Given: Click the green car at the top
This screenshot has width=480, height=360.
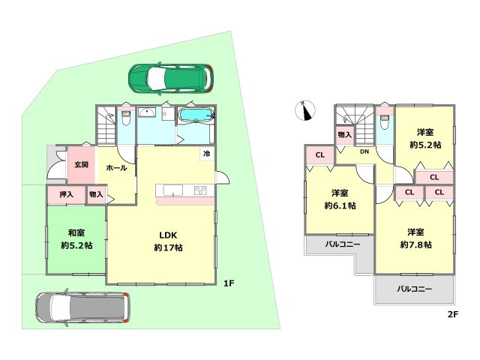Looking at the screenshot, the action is click(x=171, y=78).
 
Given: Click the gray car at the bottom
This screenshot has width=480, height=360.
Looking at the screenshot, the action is click(x=82, y=307).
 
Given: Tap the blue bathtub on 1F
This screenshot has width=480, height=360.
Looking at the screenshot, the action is click(x=196, y=115).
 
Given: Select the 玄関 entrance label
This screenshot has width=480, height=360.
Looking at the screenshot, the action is click(x=82, y=165).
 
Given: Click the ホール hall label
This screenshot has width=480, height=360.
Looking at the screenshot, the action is click(x=117, y=168).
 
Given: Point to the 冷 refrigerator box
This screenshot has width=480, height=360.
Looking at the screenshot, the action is click(x=207, y=154).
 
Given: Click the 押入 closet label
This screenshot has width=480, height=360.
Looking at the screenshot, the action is click(x=66, y=194).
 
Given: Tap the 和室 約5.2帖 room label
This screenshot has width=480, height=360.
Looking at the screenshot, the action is click(x=76, y=239).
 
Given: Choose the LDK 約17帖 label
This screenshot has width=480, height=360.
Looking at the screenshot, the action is click(x=168, y=241).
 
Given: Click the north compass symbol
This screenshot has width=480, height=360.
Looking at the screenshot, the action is click(x=305, y=110).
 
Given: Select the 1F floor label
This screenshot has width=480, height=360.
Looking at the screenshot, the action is click(x=228, y=283).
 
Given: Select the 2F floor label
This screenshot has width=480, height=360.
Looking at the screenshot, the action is click(x=453, y=314).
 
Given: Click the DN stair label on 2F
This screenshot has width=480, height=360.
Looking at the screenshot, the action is click(x=364, y=151).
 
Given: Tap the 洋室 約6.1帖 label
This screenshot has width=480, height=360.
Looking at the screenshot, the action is click(x=340, y=199).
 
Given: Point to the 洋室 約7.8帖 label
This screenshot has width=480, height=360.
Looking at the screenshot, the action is click(x=416, y=238).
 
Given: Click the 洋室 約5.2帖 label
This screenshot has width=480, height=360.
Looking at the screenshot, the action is click(x=425, y=139).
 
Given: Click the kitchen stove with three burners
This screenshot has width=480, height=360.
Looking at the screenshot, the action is click(x=200, y=190).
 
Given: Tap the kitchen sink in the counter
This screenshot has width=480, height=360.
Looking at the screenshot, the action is click(x=173, y=190).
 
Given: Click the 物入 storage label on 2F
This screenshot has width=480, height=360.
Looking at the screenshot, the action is click(x=345, y=135).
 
